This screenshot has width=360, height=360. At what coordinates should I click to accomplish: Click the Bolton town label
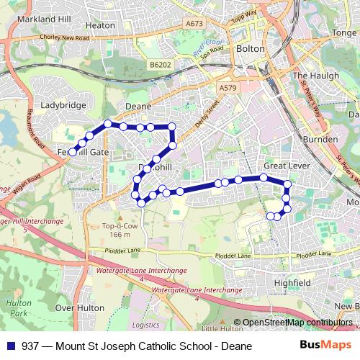click(251, 49)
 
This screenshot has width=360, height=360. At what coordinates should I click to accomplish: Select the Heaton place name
click(100, 25)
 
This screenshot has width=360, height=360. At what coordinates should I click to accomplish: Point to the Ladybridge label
click(64, 105)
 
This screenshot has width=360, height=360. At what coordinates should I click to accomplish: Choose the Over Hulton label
click(76, 307)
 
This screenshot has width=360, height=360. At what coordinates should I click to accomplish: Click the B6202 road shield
click(161, 65)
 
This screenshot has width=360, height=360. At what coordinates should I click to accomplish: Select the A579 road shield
click(228, 87)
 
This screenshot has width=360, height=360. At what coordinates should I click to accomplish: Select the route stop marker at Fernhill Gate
click(73, 151)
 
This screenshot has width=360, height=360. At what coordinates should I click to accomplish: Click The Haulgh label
click(310, 76)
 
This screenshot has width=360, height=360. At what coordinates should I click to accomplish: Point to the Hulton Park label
click(17, 309)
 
